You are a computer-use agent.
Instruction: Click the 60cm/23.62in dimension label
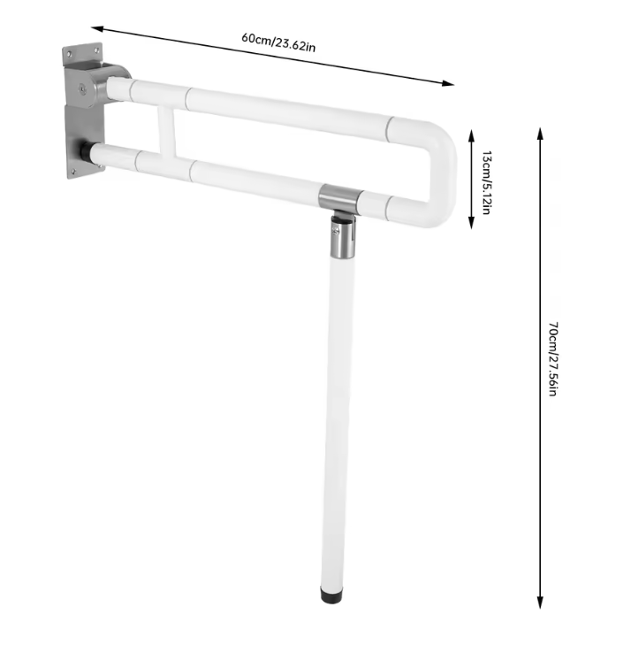(x=278, y=42)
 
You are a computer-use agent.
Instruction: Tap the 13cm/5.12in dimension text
(x=486, y=182)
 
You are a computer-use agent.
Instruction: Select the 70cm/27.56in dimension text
(x=553, y=358)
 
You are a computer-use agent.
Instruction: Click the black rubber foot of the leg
(x=331, y=595)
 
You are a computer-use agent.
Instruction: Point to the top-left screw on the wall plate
(x=70, y=53)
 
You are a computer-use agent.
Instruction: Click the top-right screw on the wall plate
(x=96, y=50)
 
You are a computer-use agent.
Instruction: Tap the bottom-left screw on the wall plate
(x=73, y=171)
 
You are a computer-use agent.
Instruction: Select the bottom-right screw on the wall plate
(x=100, y=165)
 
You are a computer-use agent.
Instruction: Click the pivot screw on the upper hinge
(x=83, y=88)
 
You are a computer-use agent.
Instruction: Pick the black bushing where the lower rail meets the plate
(x=86, y=151)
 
